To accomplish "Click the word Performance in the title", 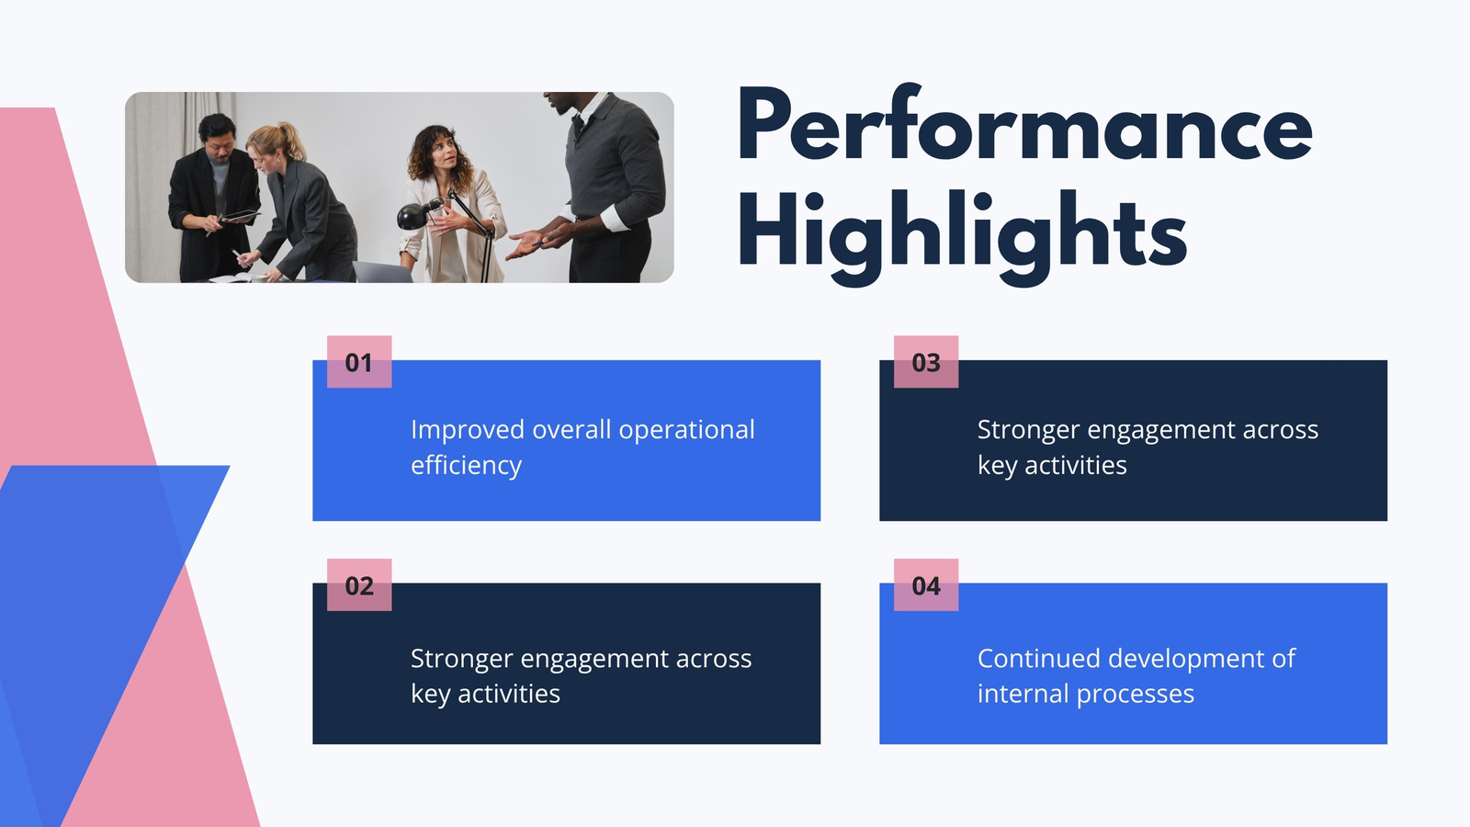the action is click(1024, 125).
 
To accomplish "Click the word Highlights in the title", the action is click(963, 237).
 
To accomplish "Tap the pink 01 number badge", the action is click(359, 362).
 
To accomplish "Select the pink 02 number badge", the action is click(359, 584).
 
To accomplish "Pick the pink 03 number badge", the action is click(926, 362).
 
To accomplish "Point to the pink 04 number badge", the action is click(926, 584).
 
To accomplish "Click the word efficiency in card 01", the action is click(466, 466).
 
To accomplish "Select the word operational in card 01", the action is click(686, 431).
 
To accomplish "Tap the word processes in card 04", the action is click(1136, 695).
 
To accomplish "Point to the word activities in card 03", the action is click(1076, 465).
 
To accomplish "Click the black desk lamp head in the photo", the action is click(414, 215).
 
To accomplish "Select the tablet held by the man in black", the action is click(240, 216).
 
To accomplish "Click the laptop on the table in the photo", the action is click(381, 271).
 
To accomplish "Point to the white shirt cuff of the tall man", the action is click(614, 218).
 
